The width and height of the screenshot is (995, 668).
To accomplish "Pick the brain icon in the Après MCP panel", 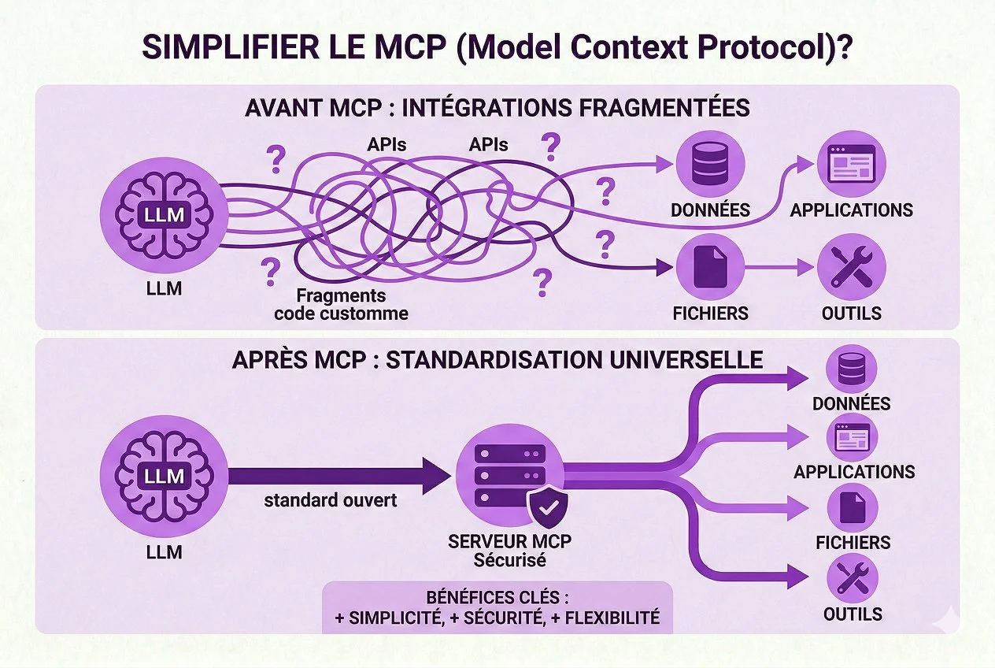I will tap(164, 475).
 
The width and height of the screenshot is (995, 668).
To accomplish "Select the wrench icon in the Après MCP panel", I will tap(853, 579).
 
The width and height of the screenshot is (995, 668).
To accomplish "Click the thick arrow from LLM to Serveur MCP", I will tap(338, 476).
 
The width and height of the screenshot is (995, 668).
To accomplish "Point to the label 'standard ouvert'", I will tap(330, 499).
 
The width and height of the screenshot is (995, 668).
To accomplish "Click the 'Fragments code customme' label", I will tap(341, 305).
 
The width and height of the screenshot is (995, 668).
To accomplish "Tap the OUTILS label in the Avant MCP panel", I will tap(851, 313).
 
